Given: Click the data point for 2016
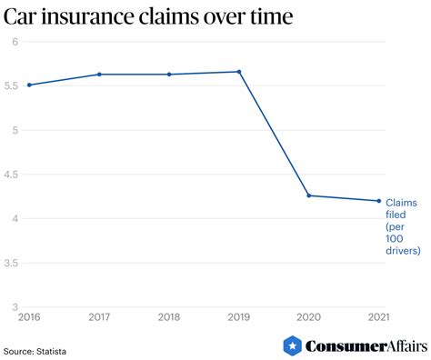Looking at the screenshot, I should tap(29, 85).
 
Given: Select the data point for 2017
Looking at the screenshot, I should tap(99, 75).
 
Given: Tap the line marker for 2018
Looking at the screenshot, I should tap(169, 75).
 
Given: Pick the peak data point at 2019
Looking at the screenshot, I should tap(238, 72).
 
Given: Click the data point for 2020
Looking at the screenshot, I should tap(309, 195).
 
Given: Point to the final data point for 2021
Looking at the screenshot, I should tap(379, 201).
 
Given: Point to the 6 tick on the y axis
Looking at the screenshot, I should tap(15, 42).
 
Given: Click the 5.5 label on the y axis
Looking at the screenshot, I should tap(12, 85).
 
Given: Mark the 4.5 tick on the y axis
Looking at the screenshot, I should tap(12, 175).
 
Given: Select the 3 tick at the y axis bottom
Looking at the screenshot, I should tap(15, 307).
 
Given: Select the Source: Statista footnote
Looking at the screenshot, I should tap(35, 349).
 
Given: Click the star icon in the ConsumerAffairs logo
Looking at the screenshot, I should tap(292, 345).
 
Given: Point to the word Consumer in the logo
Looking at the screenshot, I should tap(339, 346).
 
